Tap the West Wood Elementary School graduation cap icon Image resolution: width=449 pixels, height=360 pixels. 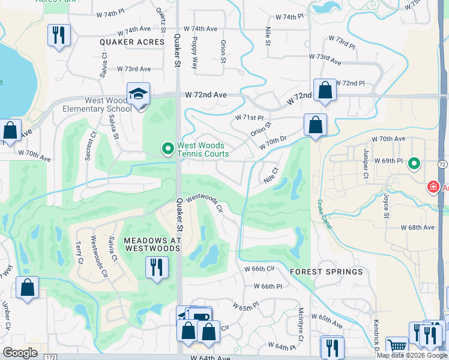137,95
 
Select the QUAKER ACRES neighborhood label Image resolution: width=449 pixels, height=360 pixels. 133,42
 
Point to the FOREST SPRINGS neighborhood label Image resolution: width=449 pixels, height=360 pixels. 327,272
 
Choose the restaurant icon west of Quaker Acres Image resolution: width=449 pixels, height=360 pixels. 59,35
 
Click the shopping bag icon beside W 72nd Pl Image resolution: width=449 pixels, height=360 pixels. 325,91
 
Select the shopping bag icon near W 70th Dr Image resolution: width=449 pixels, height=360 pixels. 315,125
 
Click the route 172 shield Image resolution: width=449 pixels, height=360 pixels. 50,356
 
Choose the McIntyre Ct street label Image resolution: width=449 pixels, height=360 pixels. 301,323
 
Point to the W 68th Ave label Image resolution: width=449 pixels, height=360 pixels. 418,227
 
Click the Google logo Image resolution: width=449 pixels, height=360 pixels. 20,353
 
